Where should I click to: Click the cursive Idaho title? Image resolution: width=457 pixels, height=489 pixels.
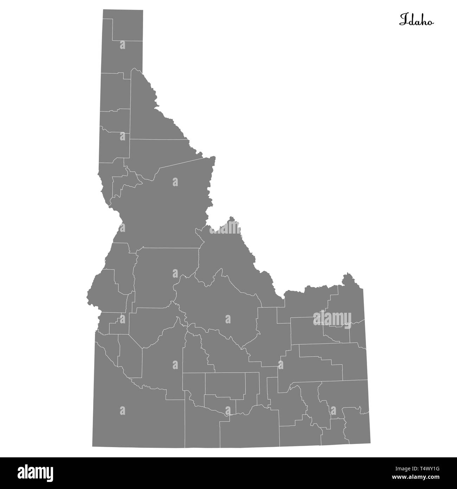coord(416,20)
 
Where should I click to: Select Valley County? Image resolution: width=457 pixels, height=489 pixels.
coord(165,274)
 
